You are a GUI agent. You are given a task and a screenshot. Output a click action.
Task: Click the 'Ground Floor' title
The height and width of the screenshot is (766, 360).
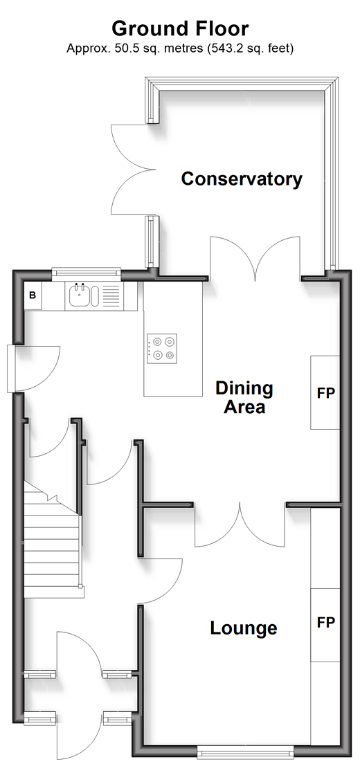tap(180, 29)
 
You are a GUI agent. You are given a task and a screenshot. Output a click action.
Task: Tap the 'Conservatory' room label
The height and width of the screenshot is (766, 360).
tap(242, 179)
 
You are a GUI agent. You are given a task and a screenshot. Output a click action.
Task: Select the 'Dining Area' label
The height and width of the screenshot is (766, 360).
tap(244, 398)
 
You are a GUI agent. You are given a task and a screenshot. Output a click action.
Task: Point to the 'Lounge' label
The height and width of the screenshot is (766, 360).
tap(243, 628)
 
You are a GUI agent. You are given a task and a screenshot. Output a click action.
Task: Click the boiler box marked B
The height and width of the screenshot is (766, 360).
tap(33, 295)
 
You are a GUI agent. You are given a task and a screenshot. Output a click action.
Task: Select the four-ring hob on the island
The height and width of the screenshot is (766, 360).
tap(162, 349)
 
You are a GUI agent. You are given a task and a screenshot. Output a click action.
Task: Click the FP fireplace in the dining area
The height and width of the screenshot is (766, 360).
tap(325, 393)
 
